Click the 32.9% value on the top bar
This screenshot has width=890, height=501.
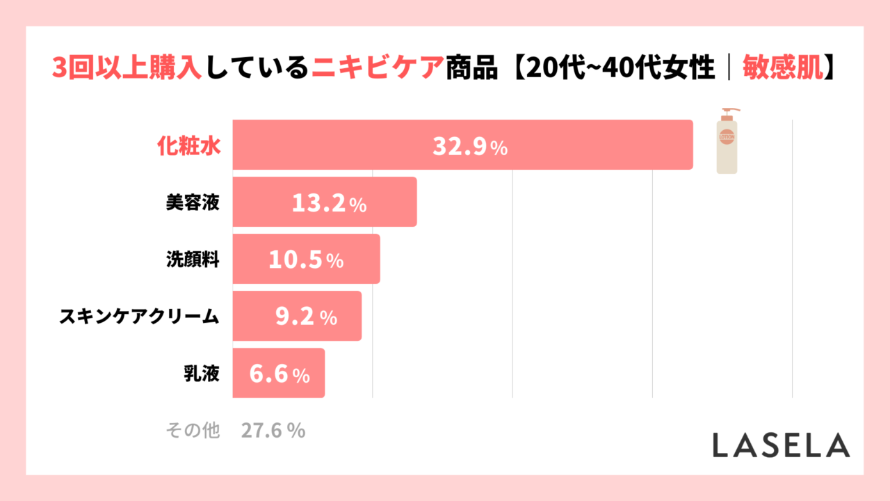(x=470, y=146)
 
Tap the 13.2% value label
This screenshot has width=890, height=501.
(x=329, y=203)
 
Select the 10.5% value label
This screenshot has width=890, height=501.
(x=306, y=260)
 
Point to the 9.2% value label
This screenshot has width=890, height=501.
(x=306, y=317)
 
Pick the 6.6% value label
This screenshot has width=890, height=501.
(x=279, y=374)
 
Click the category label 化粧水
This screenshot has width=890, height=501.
(x=187, y=145)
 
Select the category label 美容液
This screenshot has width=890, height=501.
(x=193, y=202)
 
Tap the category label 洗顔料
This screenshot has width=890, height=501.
(x=193, y=260)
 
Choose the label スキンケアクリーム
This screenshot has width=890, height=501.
(x=139, y=317)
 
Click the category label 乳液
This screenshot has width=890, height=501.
(x=200, y=374)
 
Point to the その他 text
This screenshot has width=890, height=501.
(x=193, y=431)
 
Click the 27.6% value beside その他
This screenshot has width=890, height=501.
(x=273, y=431)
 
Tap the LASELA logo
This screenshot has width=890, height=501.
(x=780, y=445)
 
